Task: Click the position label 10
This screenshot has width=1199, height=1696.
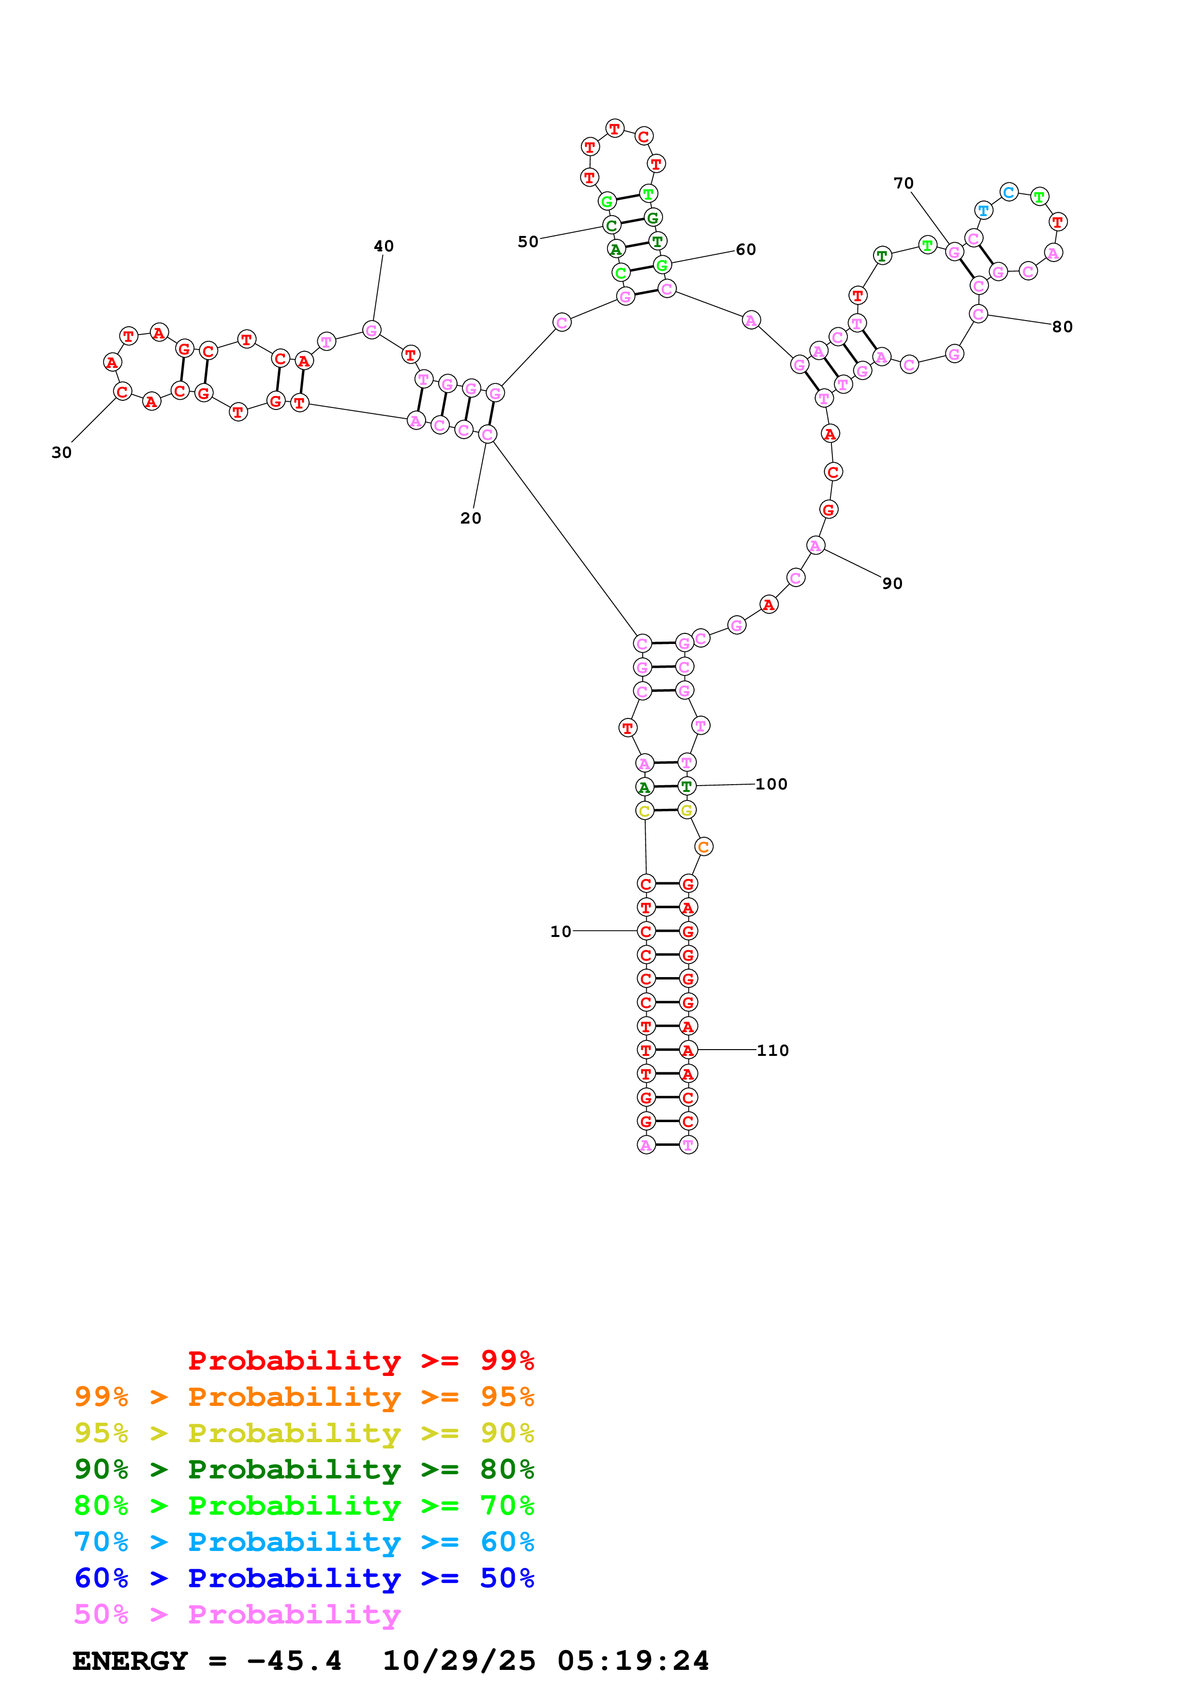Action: click(x=560, y=932)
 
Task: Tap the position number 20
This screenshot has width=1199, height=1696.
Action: click(x=471, y=519)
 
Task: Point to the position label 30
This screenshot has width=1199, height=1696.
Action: click(x=61, y=453)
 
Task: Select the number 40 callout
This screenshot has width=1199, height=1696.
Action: click(x=384, y=246)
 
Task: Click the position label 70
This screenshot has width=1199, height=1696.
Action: click(x=903, y=183)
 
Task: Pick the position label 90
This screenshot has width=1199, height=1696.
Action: click(x=892, y=584)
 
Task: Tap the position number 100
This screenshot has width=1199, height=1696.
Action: click(x=771, y=785)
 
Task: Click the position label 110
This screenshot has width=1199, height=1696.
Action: click(x=773, y=1051)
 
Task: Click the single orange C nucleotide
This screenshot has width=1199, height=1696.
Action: click(x=703, y=847)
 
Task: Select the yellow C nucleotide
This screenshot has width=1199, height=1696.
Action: click(x=644, y=811)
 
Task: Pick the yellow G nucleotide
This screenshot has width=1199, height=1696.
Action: click(x=687, y=810)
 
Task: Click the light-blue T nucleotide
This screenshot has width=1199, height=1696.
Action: click(x=983, y=210)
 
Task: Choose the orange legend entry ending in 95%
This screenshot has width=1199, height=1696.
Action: click(x=304, y=1397)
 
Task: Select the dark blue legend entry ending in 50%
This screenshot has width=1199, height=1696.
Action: click(x=304, y=1578)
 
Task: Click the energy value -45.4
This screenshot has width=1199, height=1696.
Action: click(x=294, y=1661)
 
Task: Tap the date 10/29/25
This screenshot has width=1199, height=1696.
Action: click(x=459, y=1661)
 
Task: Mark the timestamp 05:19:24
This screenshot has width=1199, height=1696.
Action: click(x=633, y=1661)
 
